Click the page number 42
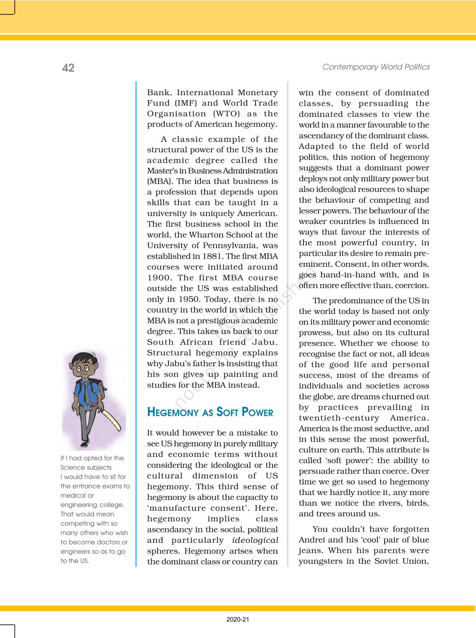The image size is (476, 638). click(68, 68)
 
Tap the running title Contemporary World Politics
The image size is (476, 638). click(376, 67)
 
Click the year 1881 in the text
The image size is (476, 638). click(213, 256)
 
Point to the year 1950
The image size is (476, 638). click(190, 299)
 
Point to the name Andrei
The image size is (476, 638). click(312, 540)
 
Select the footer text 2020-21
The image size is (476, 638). click(238, 620)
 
